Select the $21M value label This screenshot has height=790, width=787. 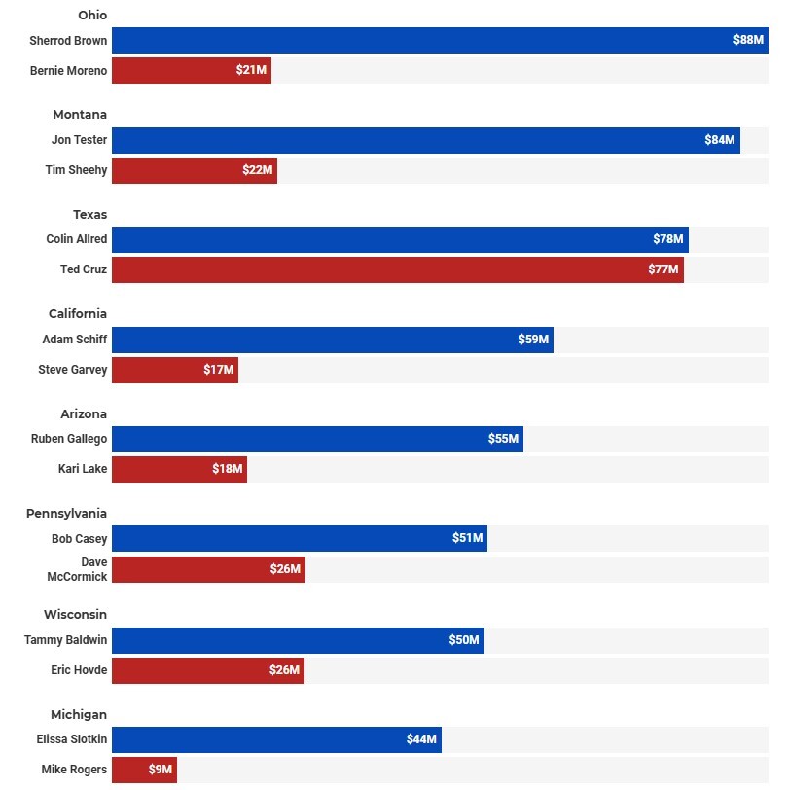pyautogui.click(x=251, y=71)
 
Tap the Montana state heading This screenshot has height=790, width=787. pyautogui.click(x=80, y=115)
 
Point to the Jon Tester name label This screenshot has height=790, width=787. pyautogui.click(x=79, y=140)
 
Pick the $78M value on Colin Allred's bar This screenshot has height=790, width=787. pyautogui.click(x=668, y=239)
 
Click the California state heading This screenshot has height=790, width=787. pyautogui.click(x=78, y=314)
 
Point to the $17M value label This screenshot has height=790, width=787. pyautogui.click(x=219, y=371)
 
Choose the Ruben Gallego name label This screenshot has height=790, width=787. pyautogui.click(x=69, y=439)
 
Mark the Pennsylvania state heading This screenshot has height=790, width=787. pyautogui.click(x=67, y=514)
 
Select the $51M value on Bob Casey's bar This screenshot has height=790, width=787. pyautogui.click(x=468, y=539)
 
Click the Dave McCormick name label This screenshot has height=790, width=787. pyautogui.click(x=77, y=570)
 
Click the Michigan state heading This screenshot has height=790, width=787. pyautogui.click(x=79, y=715)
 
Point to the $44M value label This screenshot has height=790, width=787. pyautogui.click(x=422, y=740)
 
